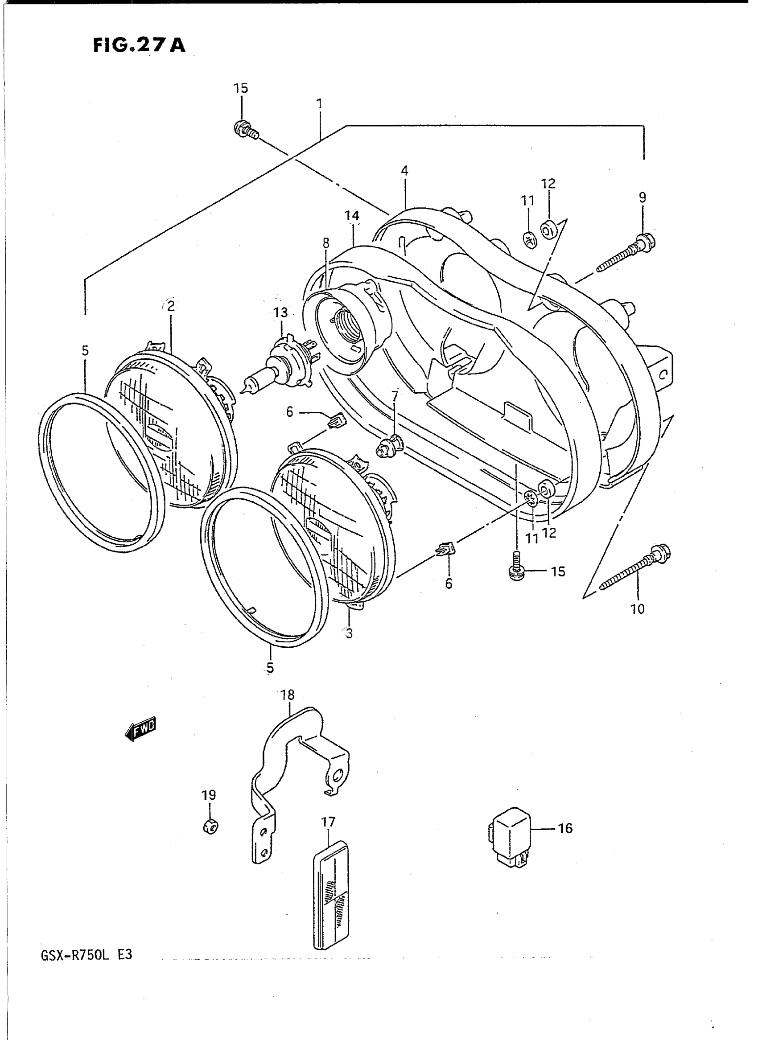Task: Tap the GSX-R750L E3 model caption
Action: (x=87, y=955)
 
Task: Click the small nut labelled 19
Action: (x=210, y=826)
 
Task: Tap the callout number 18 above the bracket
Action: (x=288, y=695)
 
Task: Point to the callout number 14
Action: (x=352, y=216)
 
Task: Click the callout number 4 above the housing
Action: (x=404, y=171)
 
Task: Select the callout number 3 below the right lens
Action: (x=349, y=633)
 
